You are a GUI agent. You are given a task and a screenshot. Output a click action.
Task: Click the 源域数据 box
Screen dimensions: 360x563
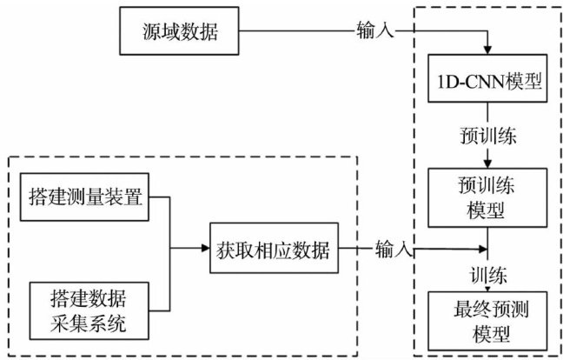coord(180,34)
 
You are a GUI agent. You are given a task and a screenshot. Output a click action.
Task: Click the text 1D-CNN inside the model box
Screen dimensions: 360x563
coord(468,83)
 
